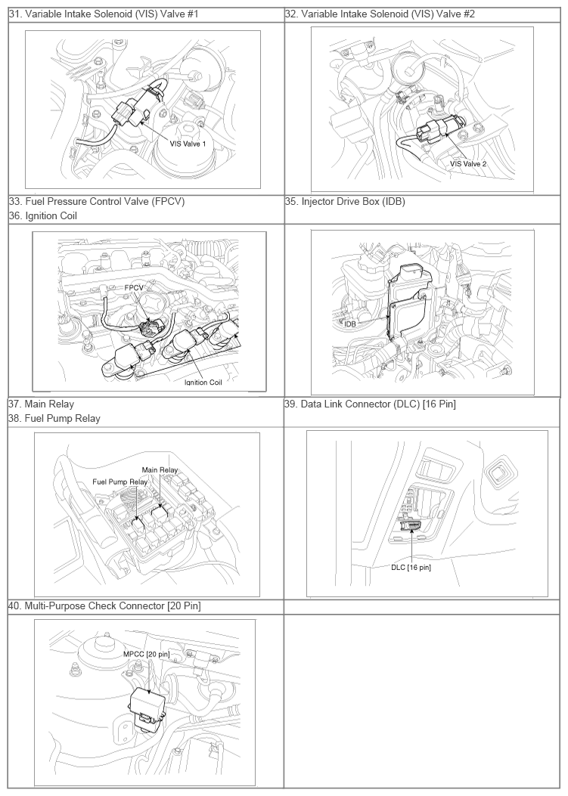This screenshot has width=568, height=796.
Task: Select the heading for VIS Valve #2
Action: tap(380, 14)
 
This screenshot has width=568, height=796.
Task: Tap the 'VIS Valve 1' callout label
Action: tap(188, 144)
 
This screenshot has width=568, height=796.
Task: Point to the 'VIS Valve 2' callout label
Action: tap(468, 164)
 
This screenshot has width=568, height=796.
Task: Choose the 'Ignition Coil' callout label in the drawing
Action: tap(203, 383)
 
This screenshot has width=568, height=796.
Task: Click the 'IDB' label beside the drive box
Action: tap(349, 324)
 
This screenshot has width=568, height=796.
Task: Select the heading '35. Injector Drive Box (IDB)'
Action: tap(345, 202)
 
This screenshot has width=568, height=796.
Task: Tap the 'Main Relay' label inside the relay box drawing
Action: tap(160, 469)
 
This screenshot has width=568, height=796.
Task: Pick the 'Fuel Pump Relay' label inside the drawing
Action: tap(120, 482)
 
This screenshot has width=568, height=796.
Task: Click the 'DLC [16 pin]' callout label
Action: tap(411, 568)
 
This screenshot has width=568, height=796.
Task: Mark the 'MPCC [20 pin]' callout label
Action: tap(146, 655)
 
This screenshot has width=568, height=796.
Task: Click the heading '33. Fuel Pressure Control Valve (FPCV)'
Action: tap(97, 202)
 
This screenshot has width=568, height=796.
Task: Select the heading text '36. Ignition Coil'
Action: tap(42, 215)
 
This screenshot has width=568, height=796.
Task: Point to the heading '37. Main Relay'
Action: tap(41, 404)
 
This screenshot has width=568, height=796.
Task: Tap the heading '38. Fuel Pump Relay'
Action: tap(54, 419)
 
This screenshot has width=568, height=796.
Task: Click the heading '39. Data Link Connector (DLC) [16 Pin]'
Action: tap(371, 404)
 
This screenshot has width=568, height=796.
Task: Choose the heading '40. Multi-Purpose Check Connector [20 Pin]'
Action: tap(104, 606)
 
